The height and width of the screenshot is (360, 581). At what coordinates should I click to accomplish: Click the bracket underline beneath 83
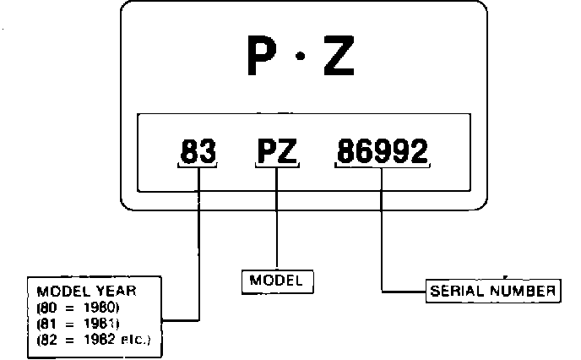pyautogui.click(x=199, y=166)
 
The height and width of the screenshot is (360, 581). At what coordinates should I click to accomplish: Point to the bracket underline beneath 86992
pyautogui.click(x=383, y=166)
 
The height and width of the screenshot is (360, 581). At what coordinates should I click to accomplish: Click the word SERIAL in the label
pyautogui.click(x=457, y=291)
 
